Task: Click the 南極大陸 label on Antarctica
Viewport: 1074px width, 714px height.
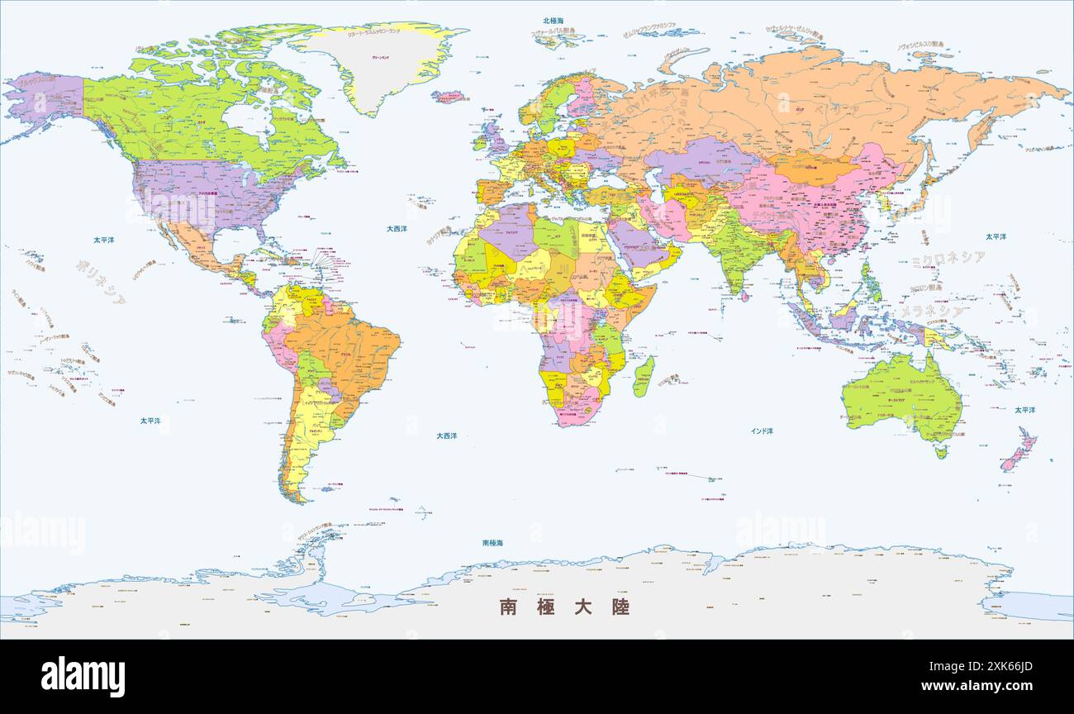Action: coord(564,607)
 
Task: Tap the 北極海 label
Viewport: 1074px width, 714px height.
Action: coord(554,21)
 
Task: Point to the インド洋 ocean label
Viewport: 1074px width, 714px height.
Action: coord(762,431)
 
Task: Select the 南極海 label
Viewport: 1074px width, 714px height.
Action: coord(492,543)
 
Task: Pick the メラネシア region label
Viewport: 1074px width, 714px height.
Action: coord(930,312)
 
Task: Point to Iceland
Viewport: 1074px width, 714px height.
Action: coord(449,97)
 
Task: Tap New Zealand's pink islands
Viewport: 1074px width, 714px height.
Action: coord(1019,450)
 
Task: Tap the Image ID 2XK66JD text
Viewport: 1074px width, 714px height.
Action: coord(973,667)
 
